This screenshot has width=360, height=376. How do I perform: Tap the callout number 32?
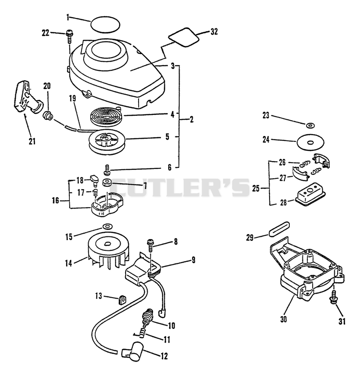[214, 32]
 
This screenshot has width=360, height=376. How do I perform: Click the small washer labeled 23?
[310, 125]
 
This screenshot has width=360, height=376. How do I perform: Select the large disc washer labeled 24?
[310, 142]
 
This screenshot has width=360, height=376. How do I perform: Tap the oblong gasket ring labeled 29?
[279, 229]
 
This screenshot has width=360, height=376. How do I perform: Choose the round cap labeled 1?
[105, 24]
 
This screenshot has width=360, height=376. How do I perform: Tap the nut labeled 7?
[106, 183]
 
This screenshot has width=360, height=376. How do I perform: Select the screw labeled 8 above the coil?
[150, 245]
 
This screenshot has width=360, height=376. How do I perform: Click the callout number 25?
[256, 188]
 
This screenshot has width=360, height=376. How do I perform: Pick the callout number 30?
[283, 319]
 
